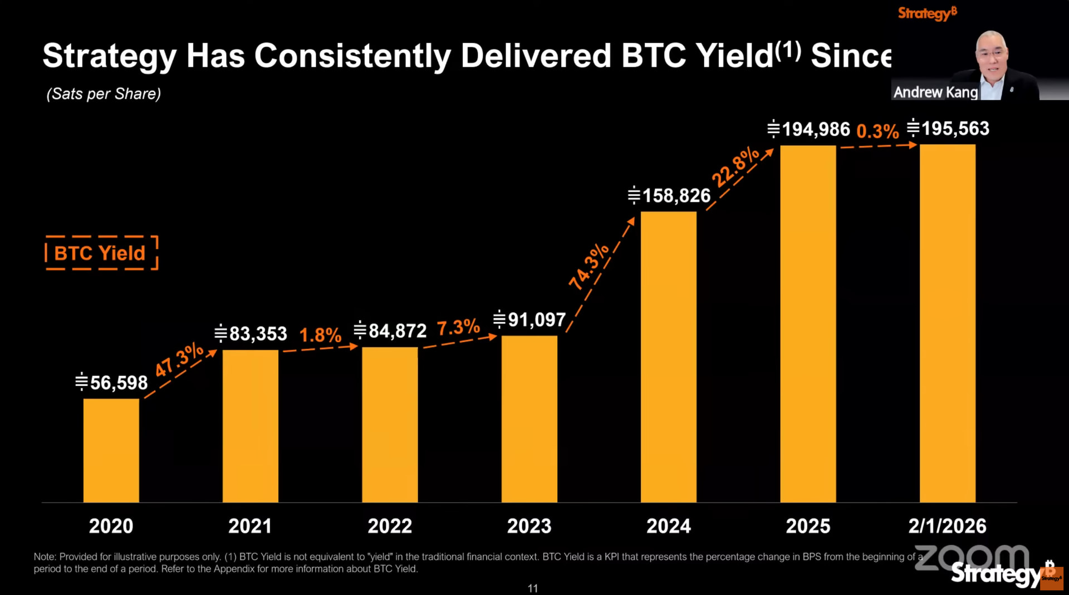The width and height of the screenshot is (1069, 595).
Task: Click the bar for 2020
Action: (111, 450)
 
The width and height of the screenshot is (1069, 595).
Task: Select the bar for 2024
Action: (668, 357)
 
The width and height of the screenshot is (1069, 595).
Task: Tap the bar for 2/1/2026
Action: (947, 323)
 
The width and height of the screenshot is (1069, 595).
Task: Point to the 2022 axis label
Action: (390, 526)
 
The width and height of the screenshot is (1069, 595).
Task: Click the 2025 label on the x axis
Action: (808, 526)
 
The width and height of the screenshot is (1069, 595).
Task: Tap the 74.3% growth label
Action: (589, 266)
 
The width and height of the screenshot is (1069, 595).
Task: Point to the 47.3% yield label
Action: (179, 360)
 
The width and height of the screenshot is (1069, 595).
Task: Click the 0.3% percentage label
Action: (877, 131)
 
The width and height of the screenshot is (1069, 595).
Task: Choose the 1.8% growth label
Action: (320, 335)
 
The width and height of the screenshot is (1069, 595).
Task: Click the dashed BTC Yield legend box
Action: (101, 253)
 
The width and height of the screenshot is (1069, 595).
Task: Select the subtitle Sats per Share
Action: (104, 94)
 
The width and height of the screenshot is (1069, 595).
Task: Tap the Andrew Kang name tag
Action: (935, 92)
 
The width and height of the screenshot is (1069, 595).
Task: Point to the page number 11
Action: (533, 588)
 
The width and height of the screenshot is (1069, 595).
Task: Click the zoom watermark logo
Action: (972, 558)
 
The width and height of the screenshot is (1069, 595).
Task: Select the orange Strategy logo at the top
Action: (927, 13)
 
